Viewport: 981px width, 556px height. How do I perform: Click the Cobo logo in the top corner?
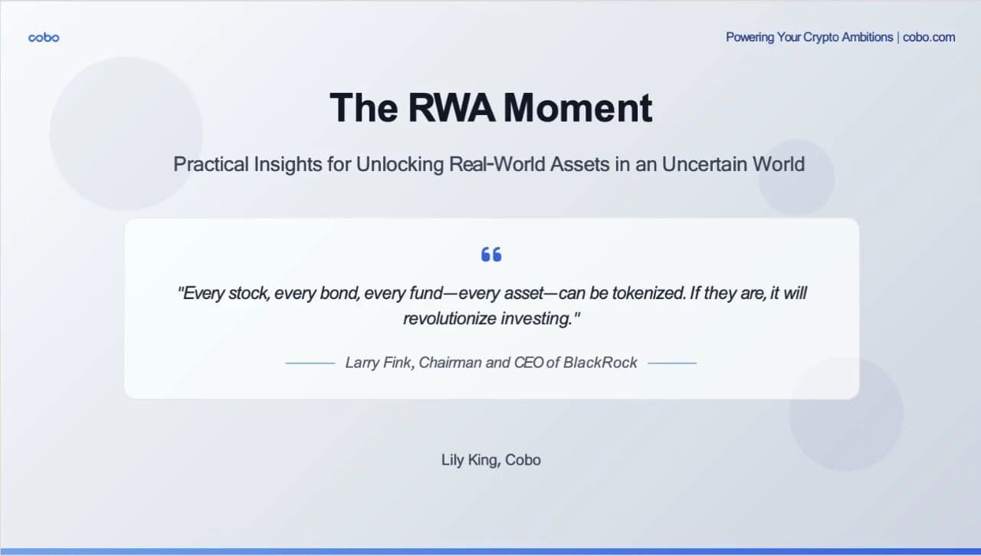pos(44,38)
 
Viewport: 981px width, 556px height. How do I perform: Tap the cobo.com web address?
pos(929,37)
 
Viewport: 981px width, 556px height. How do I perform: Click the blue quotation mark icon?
pos(491,255)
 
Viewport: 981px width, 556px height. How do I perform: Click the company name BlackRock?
pos(600,363)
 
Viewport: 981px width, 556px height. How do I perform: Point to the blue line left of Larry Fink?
pos(310,363)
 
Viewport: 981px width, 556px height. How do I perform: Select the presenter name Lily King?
pos(469,460)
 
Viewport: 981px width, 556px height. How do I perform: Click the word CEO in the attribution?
pos(528,363)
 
